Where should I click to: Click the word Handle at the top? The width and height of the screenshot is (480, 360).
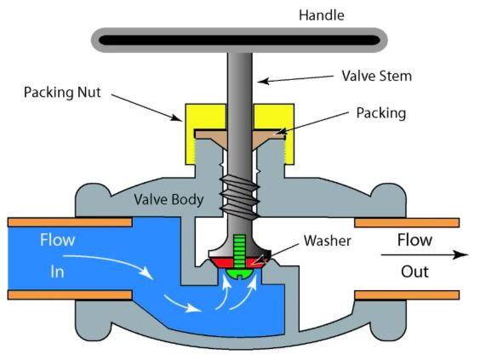coord(321,14)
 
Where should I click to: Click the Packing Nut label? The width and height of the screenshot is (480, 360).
coord(64,91)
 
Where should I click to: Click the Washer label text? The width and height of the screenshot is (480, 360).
coord(327,240)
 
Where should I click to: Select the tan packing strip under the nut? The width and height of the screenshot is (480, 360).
coord(213,134)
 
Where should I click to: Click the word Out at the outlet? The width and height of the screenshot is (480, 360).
coord(414,271)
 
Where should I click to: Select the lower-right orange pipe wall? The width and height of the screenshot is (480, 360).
coord(406,295)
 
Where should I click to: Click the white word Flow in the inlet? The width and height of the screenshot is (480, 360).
coord(58,240)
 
